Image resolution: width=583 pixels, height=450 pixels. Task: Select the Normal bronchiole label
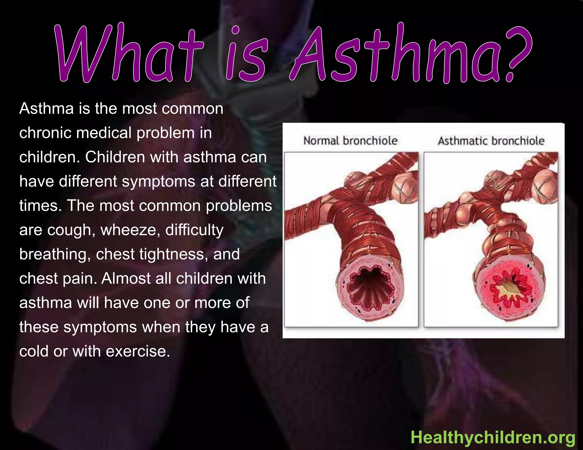pyautogui.click(x=350, y=141)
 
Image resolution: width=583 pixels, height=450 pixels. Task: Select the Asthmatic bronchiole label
pyautogui.click(x=491, y=141)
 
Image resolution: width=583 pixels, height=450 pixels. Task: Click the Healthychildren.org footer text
pyautogui.click(x=493, y=437)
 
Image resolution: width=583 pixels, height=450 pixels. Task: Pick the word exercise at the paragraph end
pyautogui.click(x=138, y=351)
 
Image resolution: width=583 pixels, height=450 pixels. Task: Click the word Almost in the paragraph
pyautogui.click(x=126, y=278)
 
